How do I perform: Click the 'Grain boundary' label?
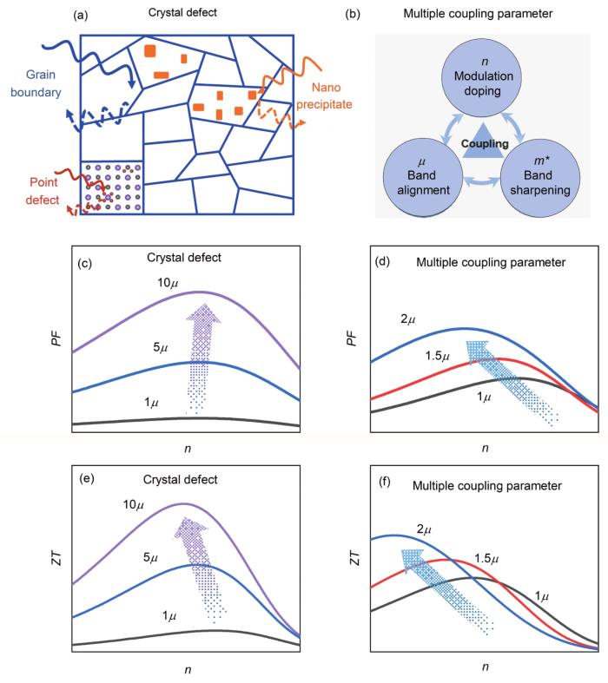pyautogui.click(x=36, y=83)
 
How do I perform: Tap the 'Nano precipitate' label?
pyautogui.click(x=324, y=95)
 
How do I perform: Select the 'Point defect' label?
pyautogui.click(x=43, y=191)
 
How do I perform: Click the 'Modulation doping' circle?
pyautogui.click(x=482, y=77)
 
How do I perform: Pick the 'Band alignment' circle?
pyautogui.click(x=423, y=178)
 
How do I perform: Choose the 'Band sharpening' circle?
pyautogui.click(x=540, y=178)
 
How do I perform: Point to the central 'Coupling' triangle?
pyautogui.click(x=485, y=141)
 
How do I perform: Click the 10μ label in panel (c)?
pyautogui.click(x=168, y=283)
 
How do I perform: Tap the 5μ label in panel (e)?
pyautogui.click(x=150, y=557)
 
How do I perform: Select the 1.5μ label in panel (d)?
pyautogui.click(x=437, y=357)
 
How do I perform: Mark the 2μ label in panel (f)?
pyautogui.click(x=424, y=529)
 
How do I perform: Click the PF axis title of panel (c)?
pyautogui.click(x=56, y=338)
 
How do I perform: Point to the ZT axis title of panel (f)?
pyautogui.click(x=355, y=558)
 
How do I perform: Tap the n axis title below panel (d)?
pyautogui.click(x=485, y=448)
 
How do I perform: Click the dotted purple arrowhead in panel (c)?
pyautogui.click(x=203, y=313)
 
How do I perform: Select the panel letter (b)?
pyautogui.click(x=352, y=14)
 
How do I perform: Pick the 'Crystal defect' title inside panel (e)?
pyautogui.click(x=180, y=480)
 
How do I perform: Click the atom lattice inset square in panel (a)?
pyautogui.click(x=112, y=187)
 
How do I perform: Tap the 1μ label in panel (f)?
pyautogui.click(x=542, y=596)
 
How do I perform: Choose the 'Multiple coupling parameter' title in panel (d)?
pyautogui.click(x=491, y=263)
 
